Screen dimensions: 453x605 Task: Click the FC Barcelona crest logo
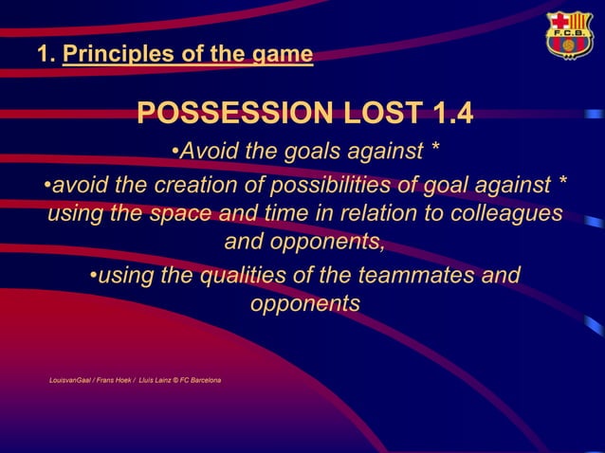tap(568, 35)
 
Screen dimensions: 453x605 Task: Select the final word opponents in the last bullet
tap(304, 305)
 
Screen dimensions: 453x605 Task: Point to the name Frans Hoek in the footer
tap(117, 380)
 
